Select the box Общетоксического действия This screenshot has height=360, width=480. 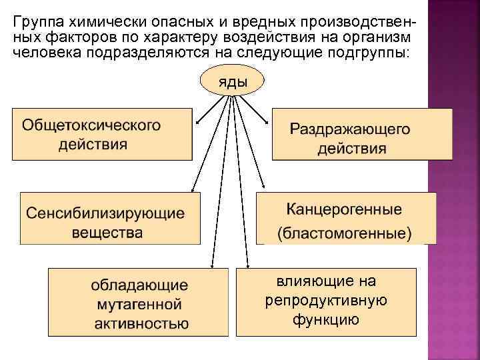tap(102, 134)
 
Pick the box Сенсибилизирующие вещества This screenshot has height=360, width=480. tap(109, 218)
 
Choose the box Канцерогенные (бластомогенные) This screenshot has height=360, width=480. tap(345, 219)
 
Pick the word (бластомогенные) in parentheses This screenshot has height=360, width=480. tap(345, 233)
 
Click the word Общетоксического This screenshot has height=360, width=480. tap(92, 125)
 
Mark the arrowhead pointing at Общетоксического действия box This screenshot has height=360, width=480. tap(197, 122)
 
